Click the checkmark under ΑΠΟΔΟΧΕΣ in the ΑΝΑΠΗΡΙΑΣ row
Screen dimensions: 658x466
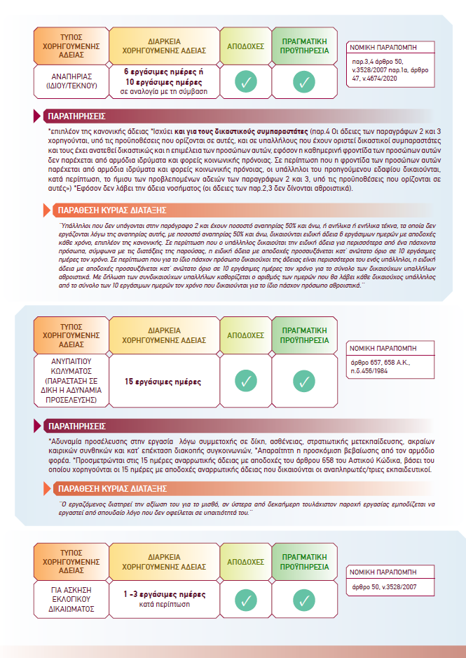pos(245,82)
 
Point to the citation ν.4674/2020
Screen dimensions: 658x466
pos(390,77)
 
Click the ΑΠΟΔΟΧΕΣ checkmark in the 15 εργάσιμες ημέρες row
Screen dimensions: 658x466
pos(245,382)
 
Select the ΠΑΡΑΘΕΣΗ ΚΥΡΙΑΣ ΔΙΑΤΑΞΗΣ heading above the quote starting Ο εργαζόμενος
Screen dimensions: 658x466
pos(112,488)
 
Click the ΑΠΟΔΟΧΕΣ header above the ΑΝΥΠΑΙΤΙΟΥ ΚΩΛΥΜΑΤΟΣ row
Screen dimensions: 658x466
pos(245,335)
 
